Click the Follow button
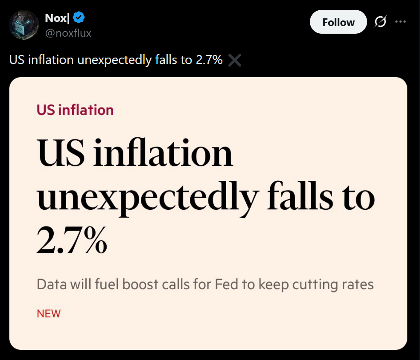pyautogui.click(x=338, y=22)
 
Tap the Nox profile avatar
pyautogui.click(x=24, y=25)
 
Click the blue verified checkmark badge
pyautogui.click(x=79, y=17)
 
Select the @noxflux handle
pyautogui.click(x=68, y=33)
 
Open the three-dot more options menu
pyautogui.click(x=400, y=22)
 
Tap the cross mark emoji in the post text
pyautogui.click(x=235, y=61)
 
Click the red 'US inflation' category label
pyautogui.click(x=75, y=110)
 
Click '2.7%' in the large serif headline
pyautogui.click(x=72, y=241)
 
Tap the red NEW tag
pyautogui.click(x=49, y=314)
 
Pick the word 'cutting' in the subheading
pyautogui.click(x=312, y=285)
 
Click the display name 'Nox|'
pyautogui.click(x=57, y=18)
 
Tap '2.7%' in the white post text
pyautogui.click(x=209, y=60)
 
